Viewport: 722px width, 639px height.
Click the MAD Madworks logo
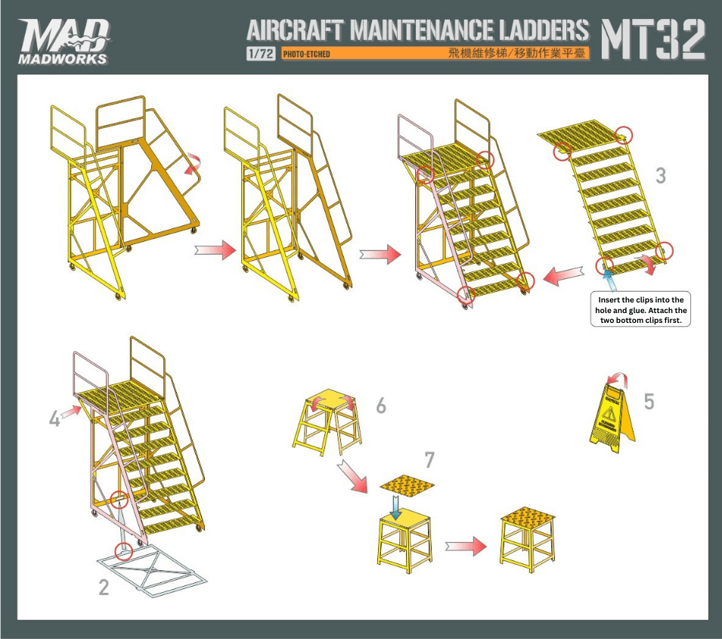pos(64,42)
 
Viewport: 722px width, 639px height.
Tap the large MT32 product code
pos(653,39)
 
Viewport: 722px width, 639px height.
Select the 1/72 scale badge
pos(261,54)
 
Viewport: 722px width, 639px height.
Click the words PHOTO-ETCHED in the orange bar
pos(306,54)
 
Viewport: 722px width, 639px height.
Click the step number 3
pos(661,175)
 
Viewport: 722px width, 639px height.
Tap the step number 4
pos(54,419)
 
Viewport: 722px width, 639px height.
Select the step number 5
pos(649,402)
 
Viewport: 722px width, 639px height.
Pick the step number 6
pos(381,406)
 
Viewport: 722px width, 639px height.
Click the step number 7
pos(429,460)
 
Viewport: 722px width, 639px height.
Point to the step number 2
pos(104,588)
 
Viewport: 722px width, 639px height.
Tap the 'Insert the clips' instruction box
pos(640,309)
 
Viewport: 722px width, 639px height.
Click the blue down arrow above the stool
pos(395,507)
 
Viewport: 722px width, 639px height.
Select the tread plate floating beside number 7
pos(407,485)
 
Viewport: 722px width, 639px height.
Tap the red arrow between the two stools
pos(466,547)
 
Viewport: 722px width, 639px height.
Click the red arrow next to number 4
pos(71,412)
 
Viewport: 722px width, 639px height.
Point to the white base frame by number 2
pos(151,571)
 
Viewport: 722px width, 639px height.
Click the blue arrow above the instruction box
pos(609,279)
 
